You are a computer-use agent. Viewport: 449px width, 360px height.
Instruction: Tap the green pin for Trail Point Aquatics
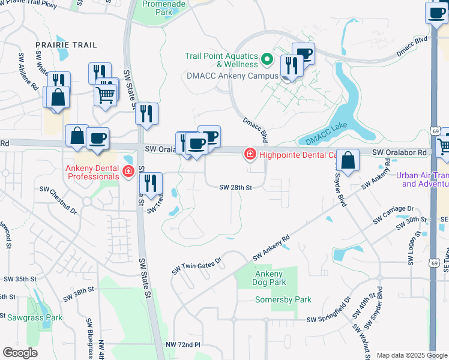click(268, 60)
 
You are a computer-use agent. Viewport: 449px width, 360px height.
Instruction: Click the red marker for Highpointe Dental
click(248, 155)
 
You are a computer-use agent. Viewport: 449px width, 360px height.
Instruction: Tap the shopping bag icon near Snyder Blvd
click(348, 160)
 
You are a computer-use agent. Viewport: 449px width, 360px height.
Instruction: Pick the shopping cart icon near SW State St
click(106, 94)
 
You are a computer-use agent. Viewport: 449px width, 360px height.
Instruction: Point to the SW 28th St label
click(235, 187)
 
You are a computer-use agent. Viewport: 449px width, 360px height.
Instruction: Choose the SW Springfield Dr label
click(328, 320)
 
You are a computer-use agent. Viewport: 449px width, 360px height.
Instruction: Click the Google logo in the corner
click(20, 352)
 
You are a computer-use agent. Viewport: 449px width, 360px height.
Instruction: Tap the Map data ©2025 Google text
click(411, 355)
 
